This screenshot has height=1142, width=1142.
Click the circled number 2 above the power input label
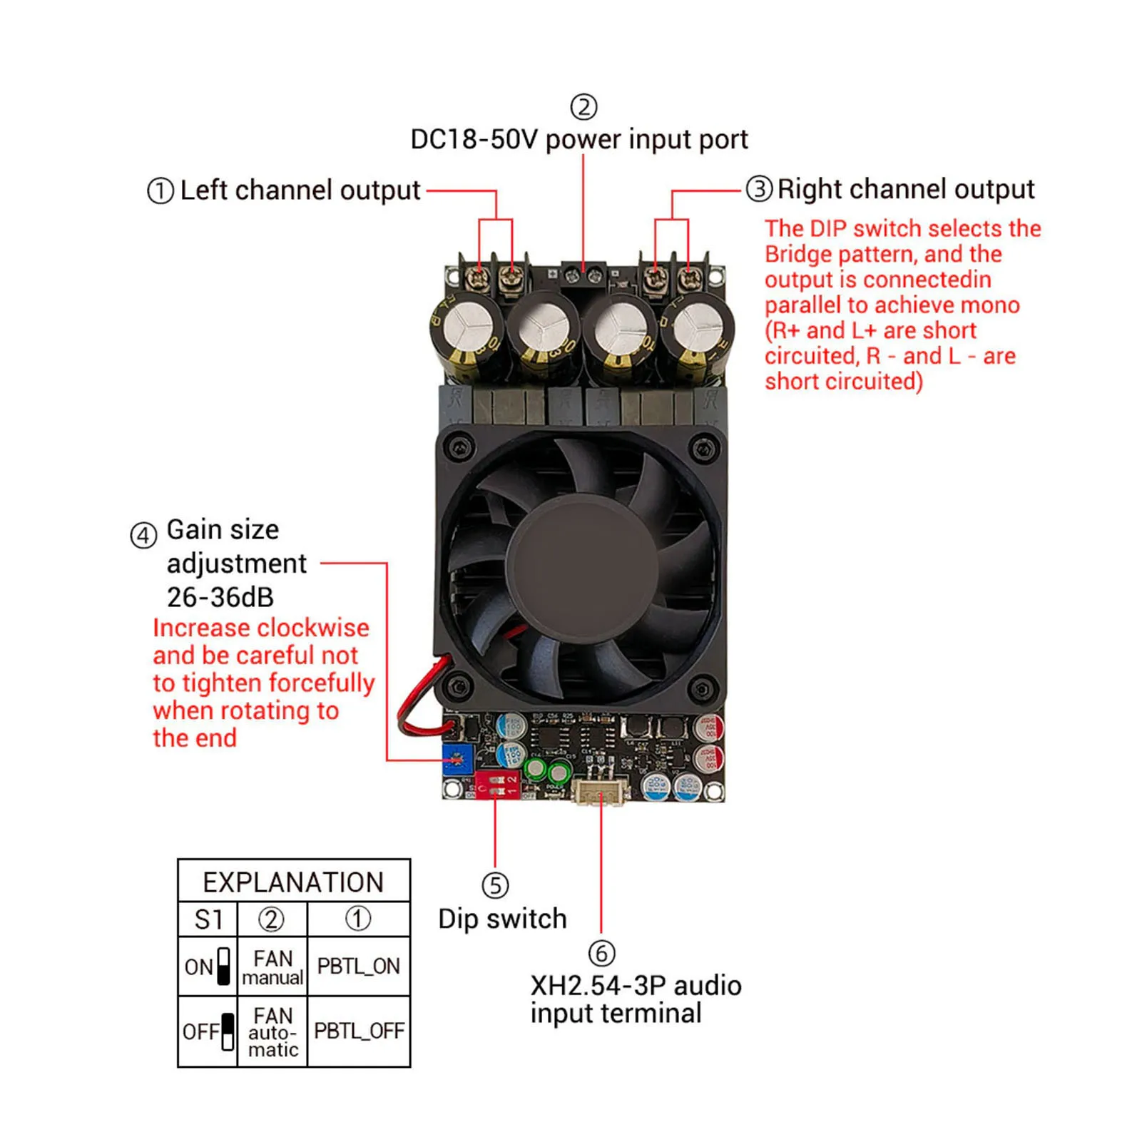tap(583, 108)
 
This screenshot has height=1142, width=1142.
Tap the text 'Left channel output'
tap(300, 190)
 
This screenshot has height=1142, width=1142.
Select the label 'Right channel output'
tap(905, 189)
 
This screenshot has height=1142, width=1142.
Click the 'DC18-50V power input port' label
tap(579, 140)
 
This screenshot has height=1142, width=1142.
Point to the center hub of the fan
tap(582, 565)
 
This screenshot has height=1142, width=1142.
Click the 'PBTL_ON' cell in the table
tap(359, 966)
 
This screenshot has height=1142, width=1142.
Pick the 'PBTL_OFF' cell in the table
tap(359, 1031)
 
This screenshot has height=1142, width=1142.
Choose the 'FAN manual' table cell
tap(272, 967)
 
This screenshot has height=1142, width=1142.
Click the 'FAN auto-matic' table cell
tap(272, 1031)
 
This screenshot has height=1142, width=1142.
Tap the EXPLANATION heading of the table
tap(293, 882)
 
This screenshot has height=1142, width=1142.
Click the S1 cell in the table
tap(208, 919)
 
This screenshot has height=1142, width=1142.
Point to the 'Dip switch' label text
tap(502, 919)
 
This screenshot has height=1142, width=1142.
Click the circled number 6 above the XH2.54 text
tap(601, 953)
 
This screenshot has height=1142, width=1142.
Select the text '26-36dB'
tap(220, 597)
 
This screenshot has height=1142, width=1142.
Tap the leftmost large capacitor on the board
tap(467, 332)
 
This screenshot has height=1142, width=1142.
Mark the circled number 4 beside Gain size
tap(143, 534)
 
